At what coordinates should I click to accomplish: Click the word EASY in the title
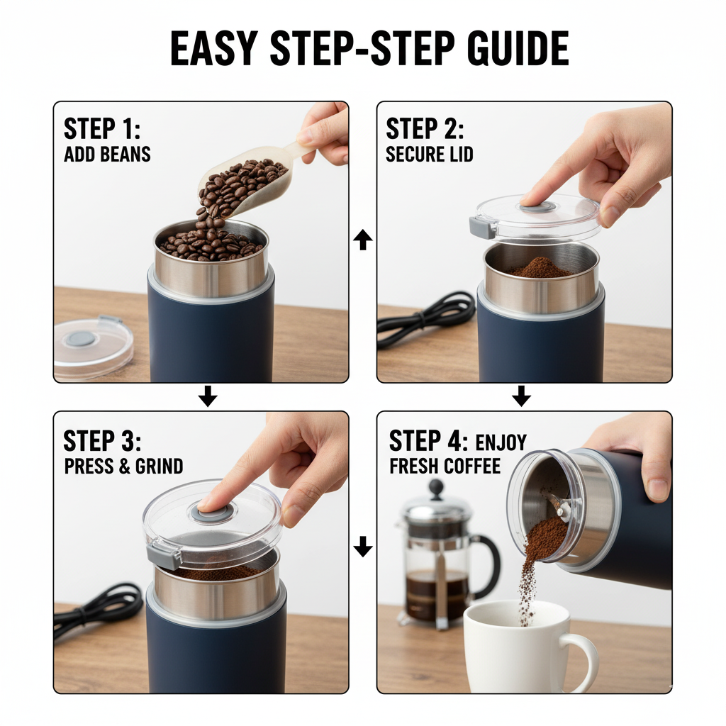point(214,48)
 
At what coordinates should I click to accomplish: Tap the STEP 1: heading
point(102,128)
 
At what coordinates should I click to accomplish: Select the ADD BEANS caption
point(107,154)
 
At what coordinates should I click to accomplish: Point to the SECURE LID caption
point(429,154)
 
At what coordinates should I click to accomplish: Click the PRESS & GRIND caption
point(123,467)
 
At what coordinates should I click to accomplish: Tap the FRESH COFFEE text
point(445,467)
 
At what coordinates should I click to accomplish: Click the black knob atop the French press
point(436,489)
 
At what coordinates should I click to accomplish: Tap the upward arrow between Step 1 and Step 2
point(362,240)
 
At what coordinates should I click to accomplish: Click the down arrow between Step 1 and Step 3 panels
point(208,396)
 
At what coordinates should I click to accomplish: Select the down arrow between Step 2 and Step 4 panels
point(521,396)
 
